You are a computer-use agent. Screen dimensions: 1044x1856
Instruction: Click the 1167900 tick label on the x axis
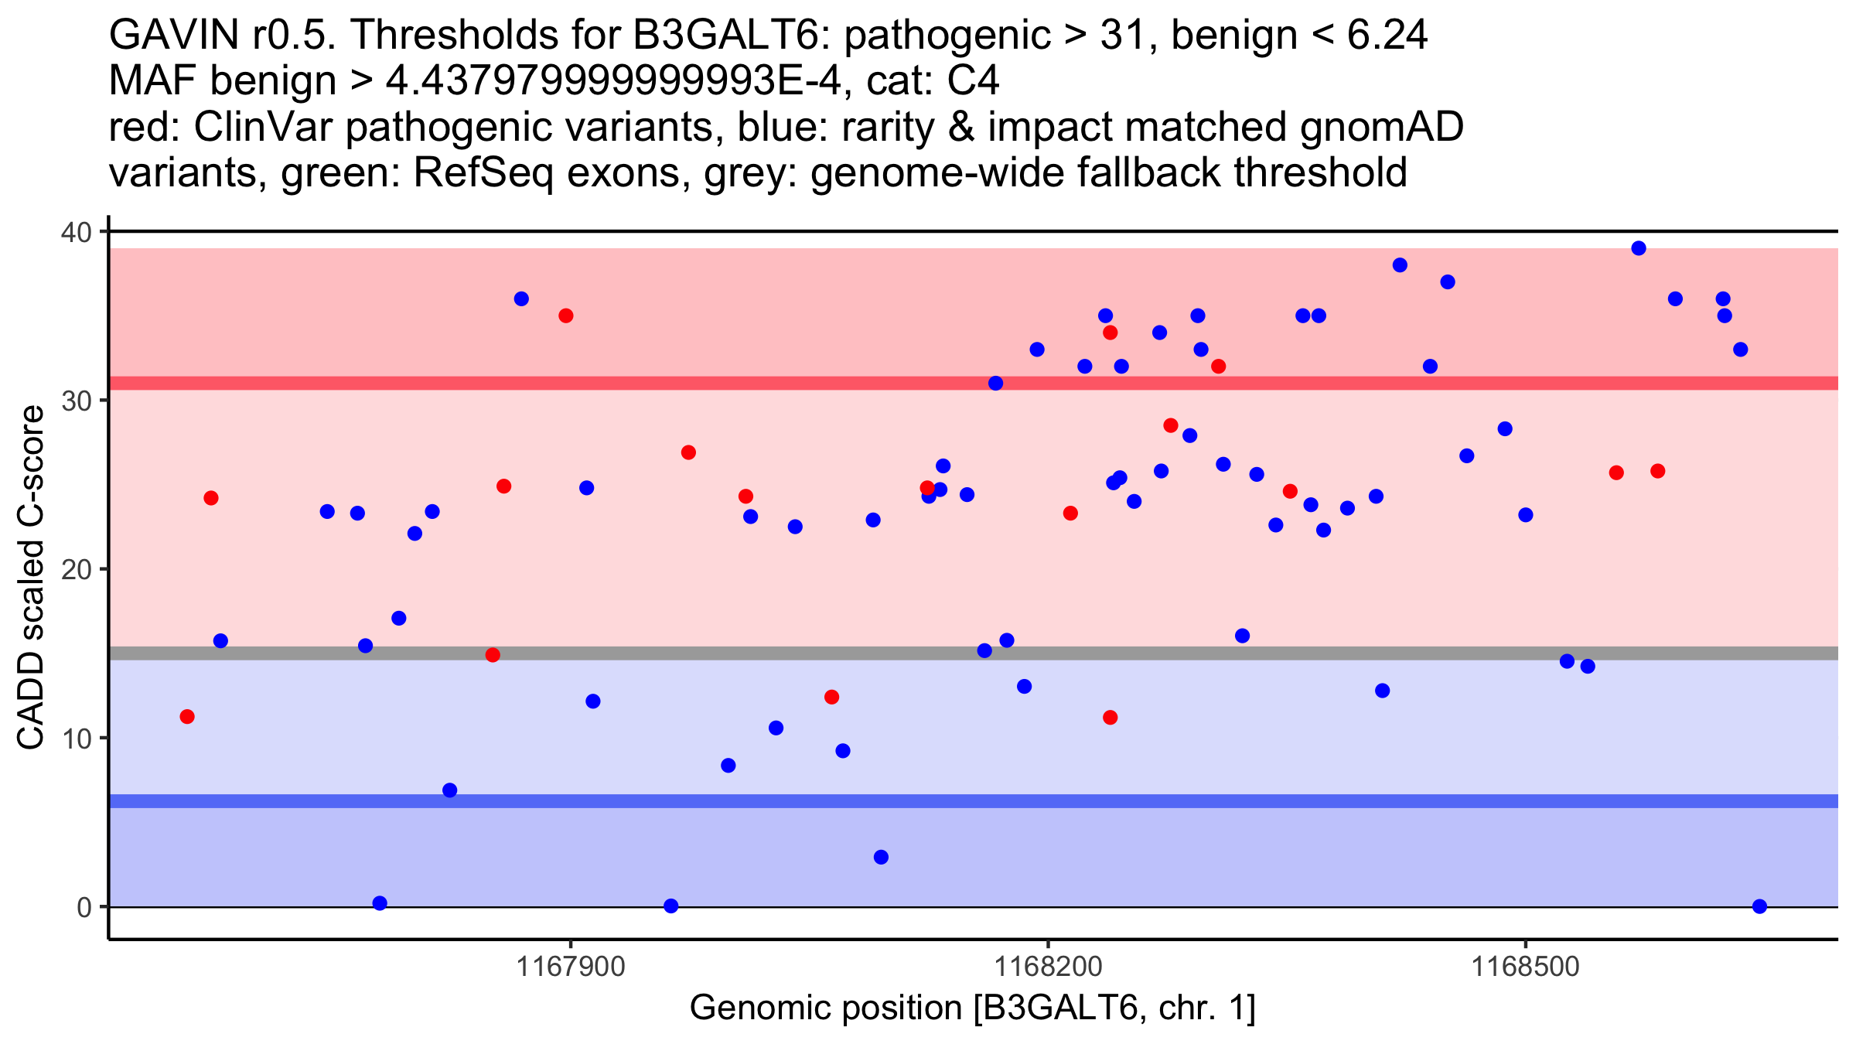(571, 967)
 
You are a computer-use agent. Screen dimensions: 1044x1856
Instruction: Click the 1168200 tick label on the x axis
(1048, 967)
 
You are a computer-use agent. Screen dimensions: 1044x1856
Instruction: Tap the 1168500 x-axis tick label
(1525, 967)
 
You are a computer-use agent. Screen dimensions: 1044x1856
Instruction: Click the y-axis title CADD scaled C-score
(31, 578)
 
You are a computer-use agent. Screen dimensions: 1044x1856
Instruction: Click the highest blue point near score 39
(1639, 248)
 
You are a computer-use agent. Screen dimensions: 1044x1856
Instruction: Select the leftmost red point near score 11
(187, 717)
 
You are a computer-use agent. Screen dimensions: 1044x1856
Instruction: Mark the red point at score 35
(566, 316)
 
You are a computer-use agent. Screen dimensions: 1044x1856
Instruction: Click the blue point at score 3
(881, 857)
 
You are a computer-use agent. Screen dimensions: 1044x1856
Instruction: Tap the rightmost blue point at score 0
(1759, 906)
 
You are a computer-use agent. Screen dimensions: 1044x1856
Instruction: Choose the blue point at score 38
(1400, 265)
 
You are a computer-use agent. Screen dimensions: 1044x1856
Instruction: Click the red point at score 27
(688, 452)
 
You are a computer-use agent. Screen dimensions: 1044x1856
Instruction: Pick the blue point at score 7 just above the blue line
(450, 790)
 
